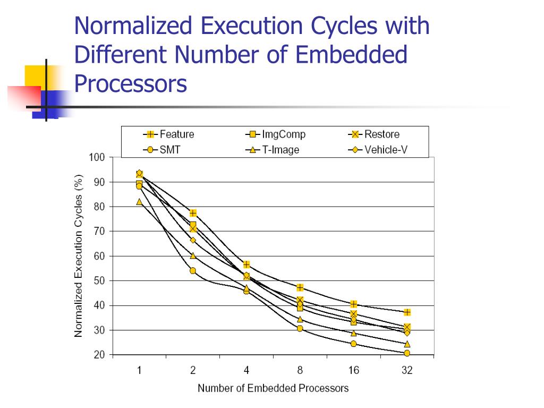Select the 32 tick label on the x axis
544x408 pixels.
pyautogui.click(x=406, y=370)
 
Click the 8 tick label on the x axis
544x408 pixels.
pyautogui.click(x=300, y=370)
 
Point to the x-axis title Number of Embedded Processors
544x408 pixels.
pyautogui.click(x=273, y=388)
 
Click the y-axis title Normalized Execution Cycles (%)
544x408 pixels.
pyautogui.click(x=79, y=256)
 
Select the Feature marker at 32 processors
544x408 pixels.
pyautogui.click(x=407, y=312)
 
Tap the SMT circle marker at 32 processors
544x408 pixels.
pyautogui.click(x=407, y=353)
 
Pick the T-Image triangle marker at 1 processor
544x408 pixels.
pyautogui.click(x=139, y=202)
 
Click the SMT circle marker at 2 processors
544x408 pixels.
pyautogui.click(x=193, y=271)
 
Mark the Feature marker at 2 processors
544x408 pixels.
pyautogui.click(x=193, y=213)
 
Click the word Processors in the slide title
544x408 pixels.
pyautogui.click(x=131, y=83)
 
